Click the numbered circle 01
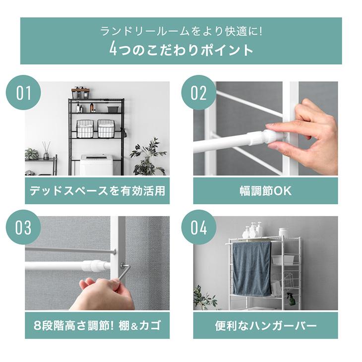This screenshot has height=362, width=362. tap(23, 93)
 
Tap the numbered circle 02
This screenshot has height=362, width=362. tap(198, 93)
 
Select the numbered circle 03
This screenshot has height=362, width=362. tap(23, 228)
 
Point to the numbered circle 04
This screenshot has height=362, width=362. tap(198, 228)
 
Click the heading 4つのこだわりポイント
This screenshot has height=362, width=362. tap(181, 49)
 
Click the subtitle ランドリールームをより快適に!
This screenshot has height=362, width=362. tap(181, 31)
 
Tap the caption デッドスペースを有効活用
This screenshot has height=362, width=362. tap(97, 191)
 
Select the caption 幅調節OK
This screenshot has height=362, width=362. tap(265, 191)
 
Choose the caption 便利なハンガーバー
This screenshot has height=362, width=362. tap(265, 326)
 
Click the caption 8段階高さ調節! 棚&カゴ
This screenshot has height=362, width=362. tap(97, 326)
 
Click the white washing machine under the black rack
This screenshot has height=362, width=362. tap(97, 165)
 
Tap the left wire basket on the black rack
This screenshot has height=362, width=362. tap(86, 128)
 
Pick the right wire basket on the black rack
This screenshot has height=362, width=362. tap(106, 128)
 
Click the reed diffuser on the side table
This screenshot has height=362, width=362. tap(46, 151)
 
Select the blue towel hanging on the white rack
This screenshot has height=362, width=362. tap(252, 269)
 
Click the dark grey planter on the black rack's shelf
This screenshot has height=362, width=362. tap(113, 109)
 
